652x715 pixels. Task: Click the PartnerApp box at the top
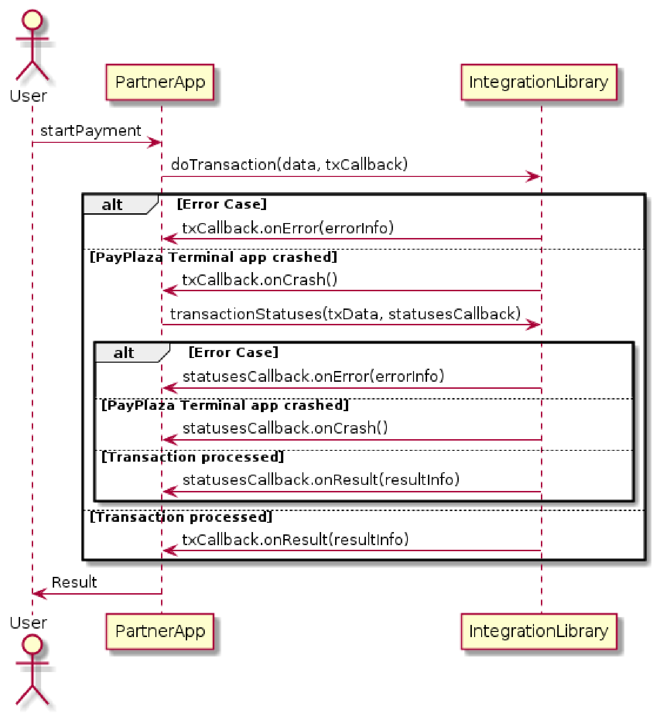160,82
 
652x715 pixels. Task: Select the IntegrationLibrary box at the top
539,82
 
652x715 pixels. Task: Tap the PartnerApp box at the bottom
160,631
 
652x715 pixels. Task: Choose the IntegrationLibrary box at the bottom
539,631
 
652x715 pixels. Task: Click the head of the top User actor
32,20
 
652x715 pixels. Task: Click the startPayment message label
91,131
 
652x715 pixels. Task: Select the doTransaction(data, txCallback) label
289,165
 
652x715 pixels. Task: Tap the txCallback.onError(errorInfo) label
287,228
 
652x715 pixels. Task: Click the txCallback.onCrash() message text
259,280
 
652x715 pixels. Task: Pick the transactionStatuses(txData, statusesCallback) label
345,314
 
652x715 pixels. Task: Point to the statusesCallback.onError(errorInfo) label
313,376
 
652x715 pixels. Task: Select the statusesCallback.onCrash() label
285,428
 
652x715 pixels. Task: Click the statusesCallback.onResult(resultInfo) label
321,480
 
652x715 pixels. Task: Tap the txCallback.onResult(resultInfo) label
295,540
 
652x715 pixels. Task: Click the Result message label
74,582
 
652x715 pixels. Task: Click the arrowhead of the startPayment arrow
155,143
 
